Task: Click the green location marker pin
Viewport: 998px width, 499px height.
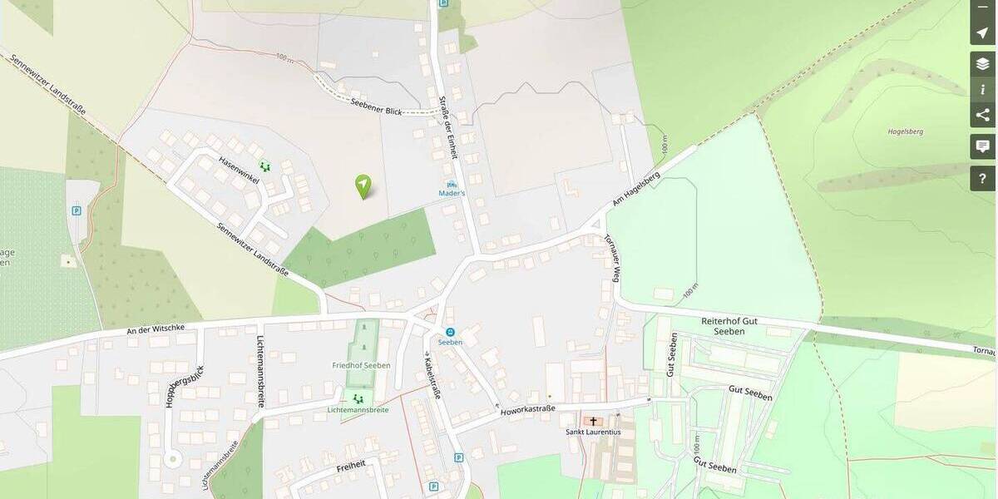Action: click(x=363, y=185)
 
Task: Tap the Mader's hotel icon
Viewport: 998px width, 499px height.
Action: click(x=452, y=184)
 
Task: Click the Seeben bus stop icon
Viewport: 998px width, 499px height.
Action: click(x=450, y=332)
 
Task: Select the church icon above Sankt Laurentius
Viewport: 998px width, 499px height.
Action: click(x=593, y=421)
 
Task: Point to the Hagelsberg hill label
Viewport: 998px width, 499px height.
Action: click(x=905, y=131)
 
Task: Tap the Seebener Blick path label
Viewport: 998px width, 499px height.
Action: click(x=376, y=105)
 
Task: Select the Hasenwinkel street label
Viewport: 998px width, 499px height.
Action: click(x=240, y=170)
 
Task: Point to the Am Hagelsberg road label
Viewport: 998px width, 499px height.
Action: click(x=636, y=190)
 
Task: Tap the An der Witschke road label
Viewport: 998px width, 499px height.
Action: click(x=155, y=329)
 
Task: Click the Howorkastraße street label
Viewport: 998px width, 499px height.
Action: click(x=527, y=409)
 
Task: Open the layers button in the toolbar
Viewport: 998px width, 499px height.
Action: click(x=982, y=63)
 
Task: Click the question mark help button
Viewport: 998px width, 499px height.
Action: click(x=982, y=178)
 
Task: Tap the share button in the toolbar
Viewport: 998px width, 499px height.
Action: click(x=982, y=115)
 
